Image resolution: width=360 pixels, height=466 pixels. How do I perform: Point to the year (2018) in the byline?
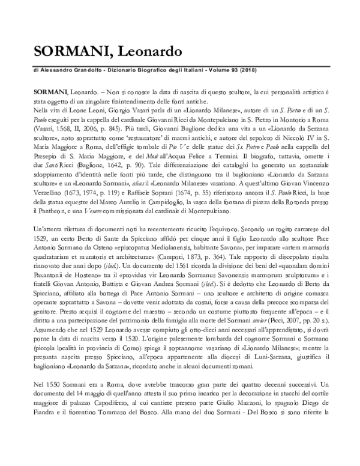pyautogui.click(x=230, y=70)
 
